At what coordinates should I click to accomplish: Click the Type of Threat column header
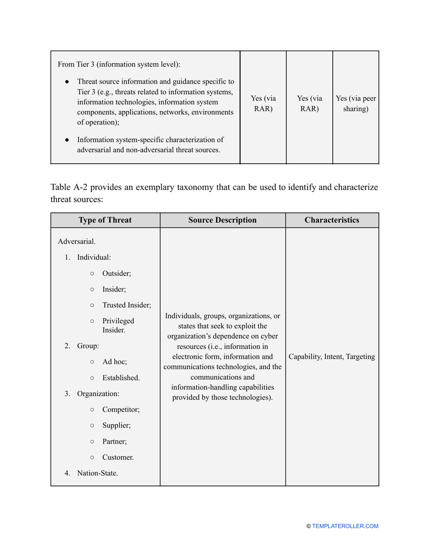click(105, 220)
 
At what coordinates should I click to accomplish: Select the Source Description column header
click(222, 220)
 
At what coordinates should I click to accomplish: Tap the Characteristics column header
click(332, 220)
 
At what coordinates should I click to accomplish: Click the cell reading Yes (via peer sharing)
click(355, 104)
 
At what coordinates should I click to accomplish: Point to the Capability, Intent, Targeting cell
click(332, 357)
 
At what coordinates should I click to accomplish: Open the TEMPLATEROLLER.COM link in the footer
click(345, 526)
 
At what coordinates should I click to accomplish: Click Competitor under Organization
click(121, 410)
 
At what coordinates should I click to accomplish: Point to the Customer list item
click(118, 457)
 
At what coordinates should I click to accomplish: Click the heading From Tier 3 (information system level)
click(119, 64)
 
